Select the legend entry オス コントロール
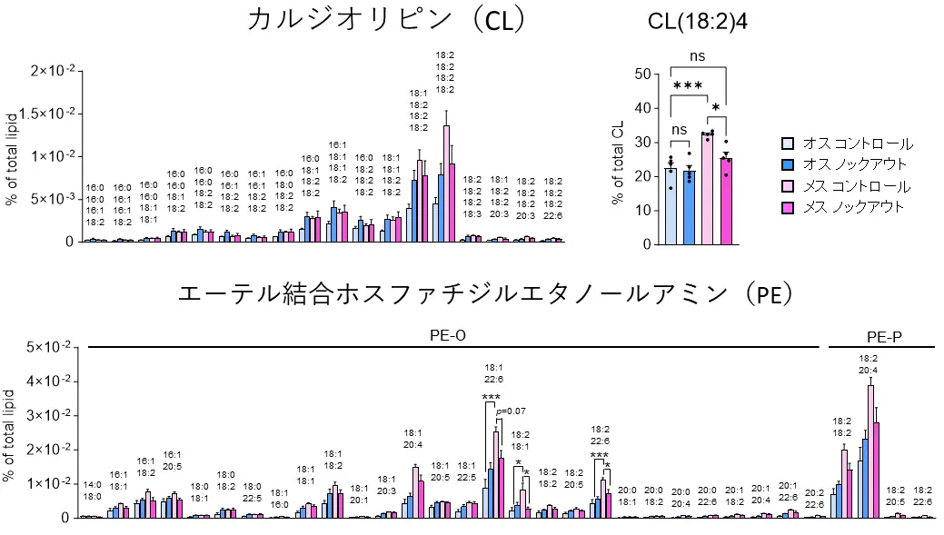(847, 144)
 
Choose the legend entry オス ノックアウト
(847, 165)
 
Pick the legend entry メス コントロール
(847, 186)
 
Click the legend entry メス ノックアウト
(847, 207)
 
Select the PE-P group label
(884, 337)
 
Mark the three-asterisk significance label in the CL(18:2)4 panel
(688, 86)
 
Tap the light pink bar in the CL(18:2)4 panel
(706, 188)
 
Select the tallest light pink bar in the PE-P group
(870, 451)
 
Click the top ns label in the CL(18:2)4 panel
(697, 56)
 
